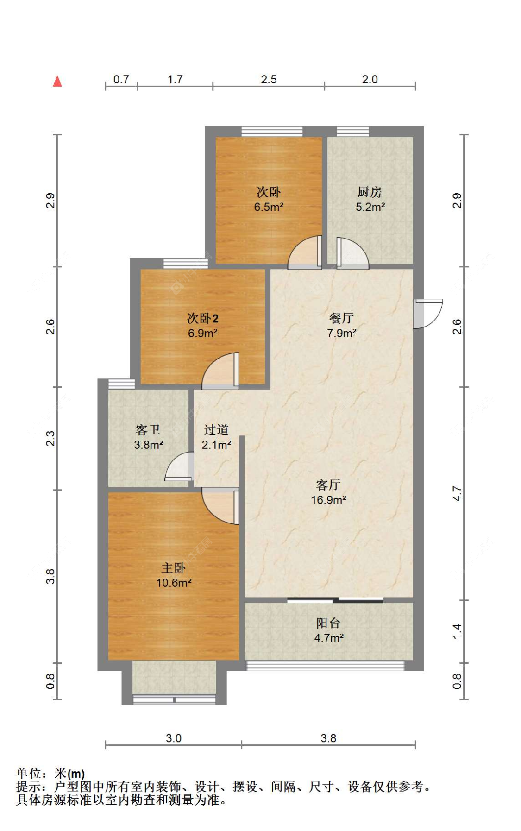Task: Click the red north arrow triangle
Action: [x=57, y=82]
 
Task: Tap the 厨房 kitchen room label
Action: [x=369, y=192]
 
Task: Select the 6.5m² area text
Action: [x=269, y=207]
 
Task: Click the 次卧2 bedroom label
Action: [x=202, y=318]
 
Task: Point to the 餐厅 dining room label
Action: [x=341, y=318]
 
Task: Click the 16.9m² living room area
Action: [x=328, y=500]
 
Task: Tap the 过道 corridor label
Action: [x=216, y=430]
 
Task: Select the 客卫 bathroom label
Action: [x=148, y=430]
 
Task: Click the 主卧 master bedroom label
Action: [x=173, y=568]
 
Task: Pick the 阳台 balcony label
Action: [x=328, y=623]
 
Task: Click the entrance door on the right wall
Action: [x=427, y=313]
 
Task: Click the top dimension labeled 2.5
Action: [x=269, y=79]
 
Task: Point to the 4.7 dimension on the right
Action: [x=457, y=493]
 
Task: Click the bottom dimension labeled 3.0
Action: [x=173, y=738]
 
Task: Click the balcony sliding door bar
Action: [x=335, y=601]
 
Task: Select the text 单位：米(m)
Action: [x=50, y=774]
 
